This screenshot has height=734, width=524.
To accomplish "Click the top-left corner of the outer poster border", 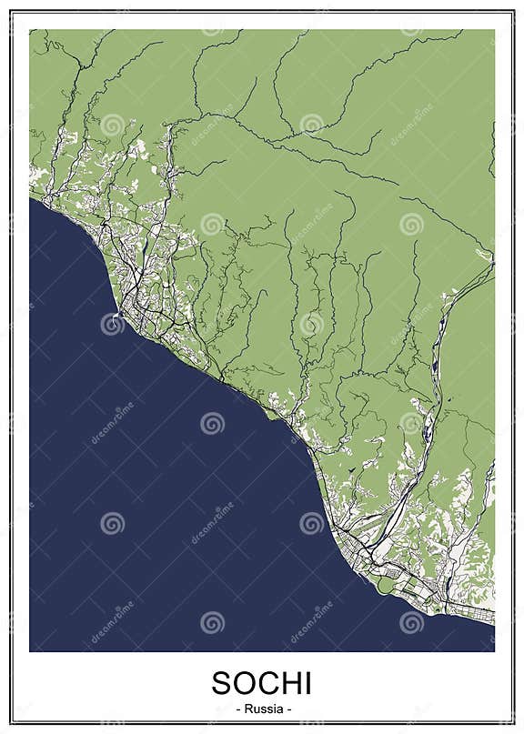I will pyautogui.click(x=10, y=11).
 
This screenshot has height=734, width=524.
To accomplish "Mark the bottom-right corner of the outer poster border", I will pyautogui.click(x=514, y=724).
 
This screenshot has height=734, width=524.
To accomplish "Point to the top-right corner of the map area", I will pyautogui.click(x=494, y=30).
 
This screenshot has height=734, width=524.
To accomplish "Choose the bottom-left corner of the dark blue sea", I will pyautogui.click(x=30, y=650).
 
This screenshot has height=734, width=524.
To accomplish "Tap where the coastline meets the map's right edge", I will pyautogui.click(x=494, y=626).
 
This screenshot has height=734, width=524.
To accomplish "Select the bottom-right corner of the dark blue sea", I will pyautogui.click(x=494, y=650).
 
